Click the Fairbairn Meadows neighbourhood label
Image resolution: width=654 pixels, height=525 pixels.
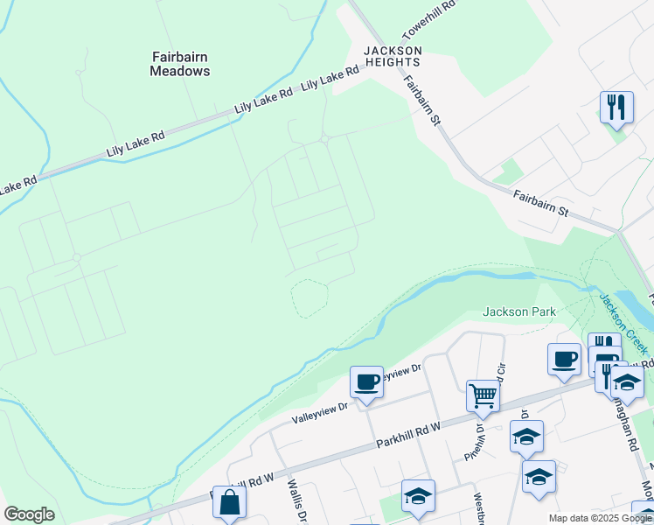pos(179,64)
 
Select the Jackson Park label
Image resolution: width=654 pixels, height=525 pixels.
pos(513,312)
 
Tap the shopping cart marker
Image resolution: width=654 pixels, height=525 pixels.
pos(483,395)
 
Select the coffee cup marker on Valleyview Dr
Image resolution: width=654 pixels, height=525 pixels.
pos(366,381)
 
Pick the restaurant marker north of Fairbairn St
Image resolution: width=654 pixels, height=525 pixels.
pos(616,108)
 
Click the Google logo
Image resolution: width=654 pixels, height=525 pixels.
pos(29,514)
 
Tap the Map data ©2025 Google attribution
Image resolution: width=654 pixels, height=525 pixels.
pos(600,518)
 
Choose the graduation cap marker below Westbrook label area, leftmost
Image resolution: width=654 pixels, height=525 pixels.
pos(418,496)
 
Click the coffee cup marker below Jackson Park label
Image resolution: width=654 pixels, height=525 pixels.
pos(565,358)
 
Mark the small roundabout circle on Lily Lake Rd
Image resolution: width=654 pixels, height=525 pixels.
pos(324,138)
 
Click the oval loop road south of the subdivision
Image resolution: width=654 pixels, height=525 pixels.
pos(309,297)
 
